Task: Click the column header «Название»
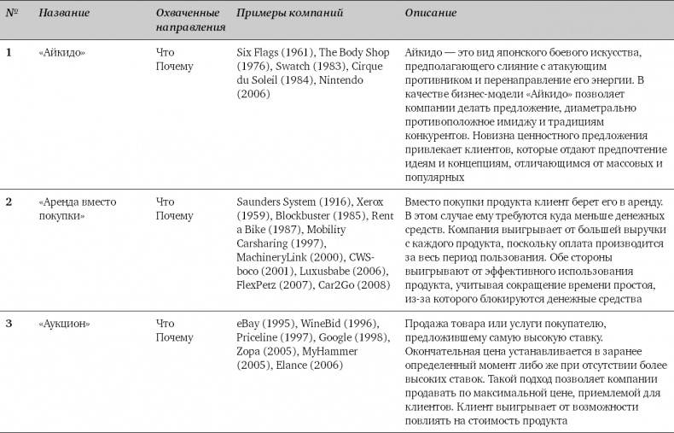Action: [65, 14]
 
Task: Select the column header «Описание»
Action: [430, 14]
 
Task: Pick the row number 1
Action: [9, 53]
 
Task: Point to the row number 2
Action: [9, 202]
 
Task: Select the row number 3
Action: [9, 324]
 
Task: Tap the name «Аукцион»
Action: [61, 324]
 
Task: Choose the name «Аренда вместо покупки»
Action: [78, 208]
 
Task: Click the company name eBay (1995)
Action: [264, 324]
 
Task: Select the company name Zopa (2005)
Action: [263, 351]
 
